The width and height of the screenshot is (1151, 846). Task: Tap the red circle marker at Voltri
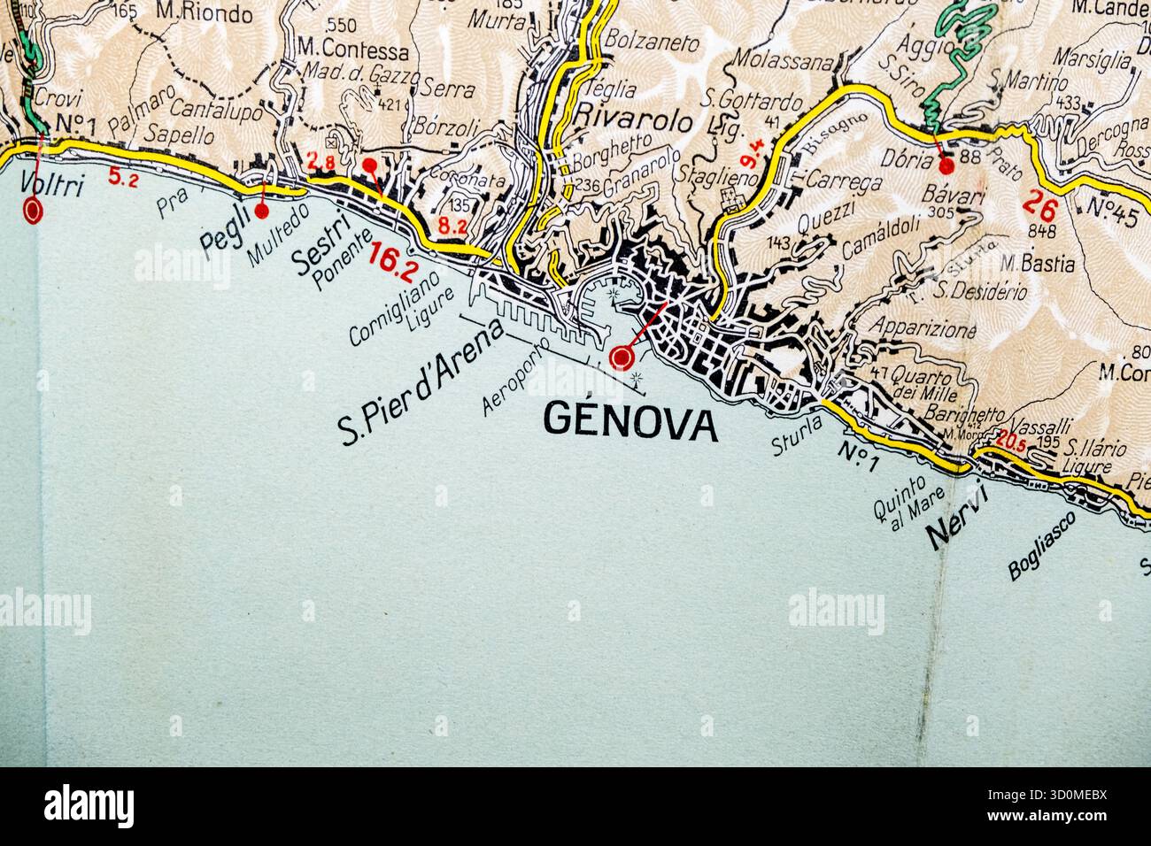click(34, 211)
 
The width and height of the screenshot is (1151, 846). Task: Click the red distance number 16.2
click(393, 257)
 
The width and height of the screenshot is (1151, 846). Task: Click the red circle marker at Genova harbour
click(622, 357)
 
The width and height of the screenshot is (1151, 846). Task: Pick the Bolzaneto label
click(653, 42)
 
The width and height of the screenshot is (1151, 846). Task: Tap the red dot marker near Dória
click(946, 165)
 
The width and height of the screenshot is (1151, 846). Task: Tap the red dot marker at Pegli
click(261, 211)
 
